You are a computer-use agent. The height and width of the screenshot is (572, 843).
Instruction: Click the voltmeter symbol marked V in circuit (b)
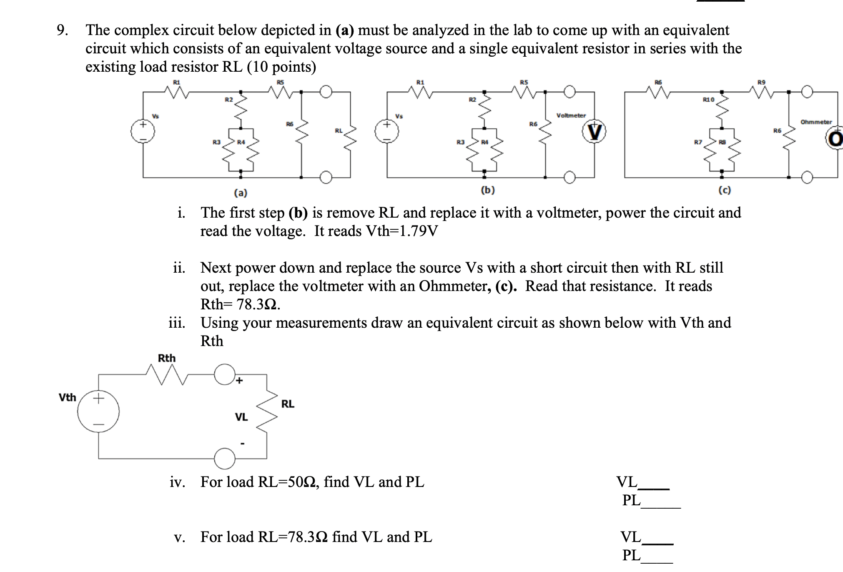(x=594, y=133)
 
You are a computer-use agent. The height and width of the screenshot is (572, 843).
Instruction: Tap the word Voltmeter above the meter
(x=571, y=115)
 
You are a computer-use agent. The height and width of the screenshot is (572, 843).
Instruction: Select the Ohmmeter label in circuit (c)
(x=816, y=122)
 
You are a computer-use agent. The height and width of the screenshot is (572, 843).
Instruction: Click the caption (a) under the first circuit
(x=240, y=193)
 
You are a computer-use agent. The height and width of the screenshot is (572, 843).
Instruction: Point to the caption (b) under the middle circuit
(x=488, y=190)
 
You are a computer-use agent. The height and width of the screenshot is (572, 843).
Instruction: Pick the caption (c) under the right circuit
(x=725, y=190)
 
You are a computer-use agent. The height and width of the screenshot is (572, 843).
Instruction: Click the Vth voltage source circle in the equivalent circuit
(x=99, y=411)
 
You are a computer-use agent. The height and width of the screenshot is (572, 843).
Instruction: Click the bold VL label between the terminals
(x=241, y=416)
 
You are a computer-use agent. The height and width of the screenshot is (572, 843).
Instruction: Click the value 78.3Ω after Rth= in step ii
(x=258, y=304)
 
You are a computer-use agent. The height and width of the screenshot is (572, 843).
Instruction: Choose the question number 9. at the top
(x=62, y=30)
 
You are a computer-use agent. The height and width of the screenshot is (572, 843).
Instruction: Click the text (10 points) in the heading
(x=281, y=67)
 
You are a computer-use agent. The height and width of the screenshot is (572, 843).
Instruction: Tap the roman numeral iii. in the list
(x=177, y=323)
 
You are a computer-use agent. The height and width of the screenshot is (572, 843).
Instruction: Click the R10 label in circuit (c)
(x=708, y=100)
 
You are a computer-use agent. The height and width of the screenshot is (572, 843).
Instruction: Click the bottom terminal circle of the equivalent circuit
(x=225, y=459)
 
